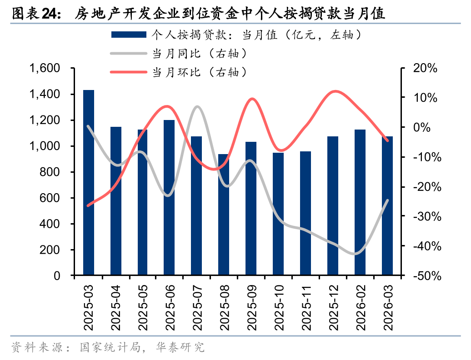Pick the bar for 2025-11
click(306, 213)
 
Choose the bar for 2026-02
click(360, 202)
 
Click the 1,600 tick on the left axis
click(45, 68)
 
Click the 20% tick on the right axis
click(425, 68)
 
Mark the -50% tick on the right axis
click(425, 276)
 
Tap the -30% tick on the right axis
click(425, 216)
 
